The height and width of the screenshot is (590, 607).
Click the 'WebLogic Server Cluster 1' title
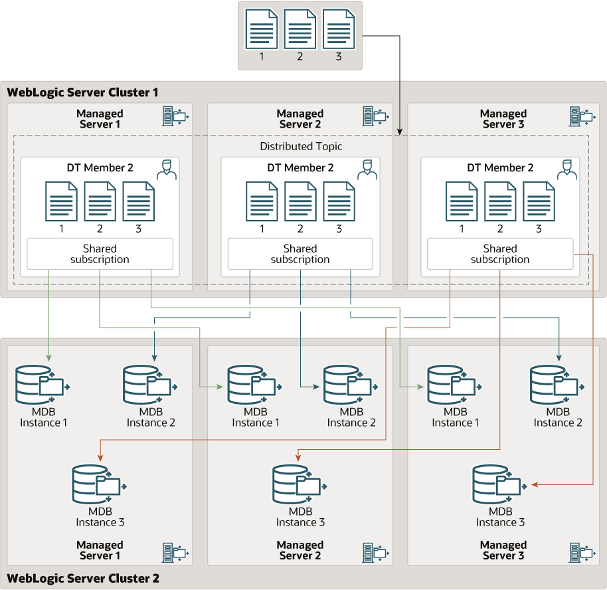[x=83, y=92]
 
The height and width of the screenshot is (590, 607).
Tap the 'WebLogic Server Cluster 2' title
[x=83, y=578]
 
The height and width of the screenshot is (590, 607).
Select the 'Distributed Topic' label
[x=301, y=146]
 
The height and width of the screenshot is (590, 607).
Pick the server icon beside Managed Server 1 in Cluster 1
[x=175, y=116]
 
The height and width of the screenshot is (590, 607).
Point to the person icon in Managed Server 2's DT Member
[x=367, y=169]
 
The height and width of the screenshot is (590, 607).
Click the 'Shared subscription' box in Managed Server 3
[x=499, y=254]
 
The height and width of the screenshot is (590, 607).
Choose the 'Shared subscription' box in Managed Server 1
[x=100, y=254]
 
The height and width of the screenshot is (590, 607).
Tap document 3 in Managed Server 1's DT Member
[x=139, y=201]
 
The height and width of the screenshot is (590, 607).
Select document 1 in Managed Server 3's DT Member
[x=462, y=201]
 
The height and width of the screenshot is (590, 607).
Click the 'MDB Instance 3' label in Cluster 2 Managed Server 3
[x=500, y=517]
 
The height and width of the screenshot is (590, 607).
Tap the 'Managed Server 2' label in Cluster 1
[x=300, y=119]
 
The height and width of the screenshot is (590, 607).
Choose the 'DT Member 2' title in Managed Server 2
[x=300, y=168]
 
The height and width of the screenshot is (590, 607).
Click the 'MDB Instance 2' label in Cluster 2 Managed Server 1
[x=151, y=417]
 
